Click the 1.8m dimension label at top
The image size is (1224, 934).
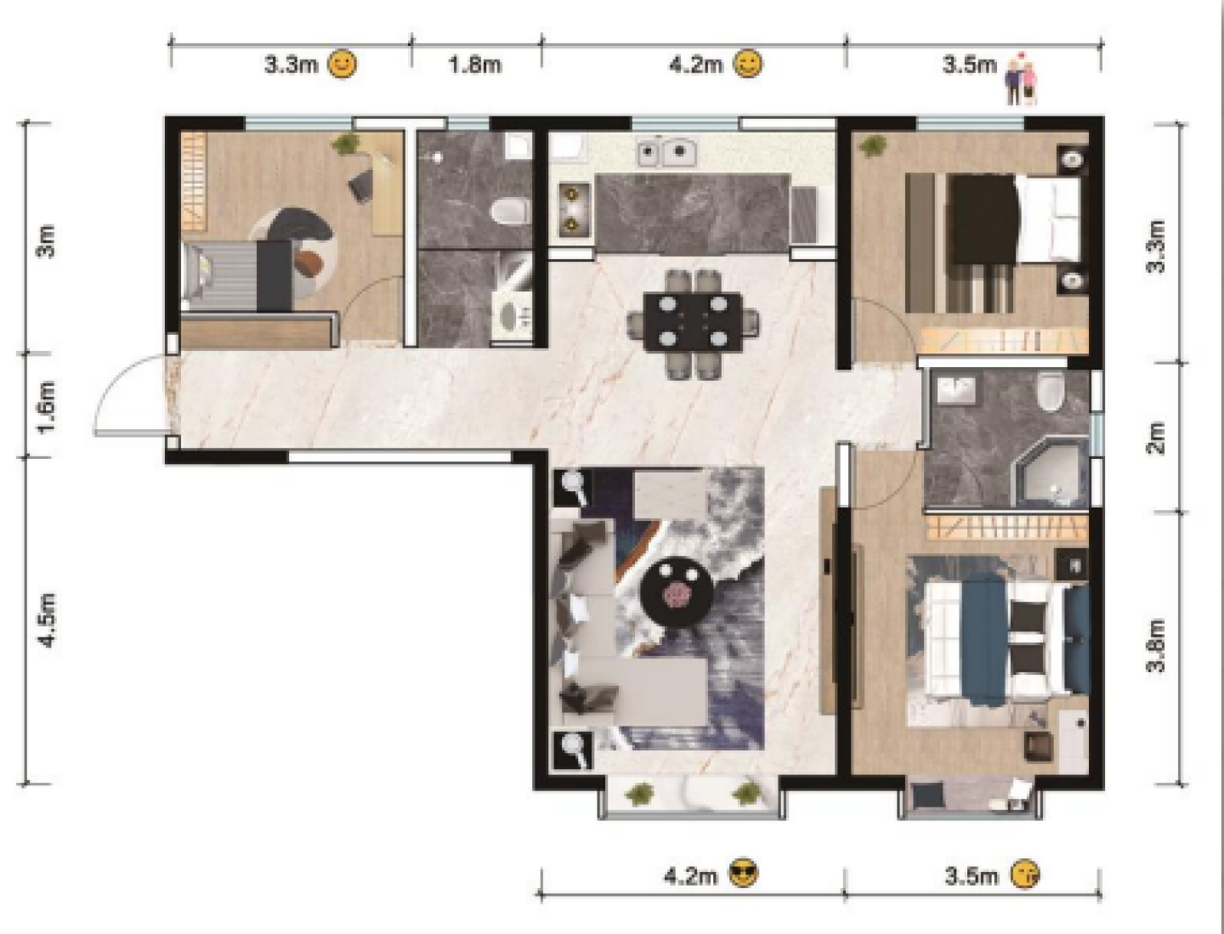click(475, 65)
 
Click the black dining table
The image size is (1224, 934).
click(693, 321)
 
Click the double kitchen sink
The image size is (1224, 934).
click(667, 151)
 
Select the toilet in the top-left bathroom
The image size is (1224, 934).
click(509, 212)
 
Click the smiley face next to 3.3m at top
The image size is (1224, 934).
click(343, 65)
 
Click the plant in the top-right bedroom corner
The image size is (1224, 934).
click(870, 146)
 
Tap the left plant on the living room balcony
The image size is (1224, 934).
click(639, 793)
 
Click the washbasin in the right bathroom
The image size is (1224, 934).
click(955, 390)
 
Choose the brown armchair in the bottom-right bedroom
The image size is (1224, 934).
click(1040, 746)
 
